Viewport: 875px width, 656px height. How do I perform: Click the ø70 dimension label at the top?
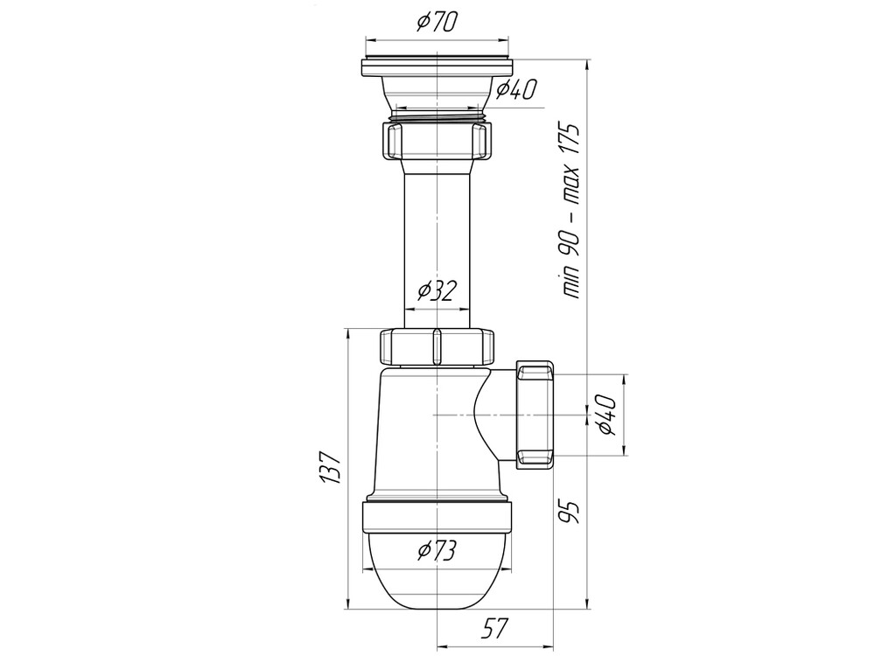pos(435,24)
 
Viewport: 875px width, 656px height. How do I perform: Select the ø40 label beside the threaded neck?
pos(515,88)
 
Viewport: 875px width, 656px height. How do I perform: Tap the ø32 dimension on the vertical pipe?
pos(435,290)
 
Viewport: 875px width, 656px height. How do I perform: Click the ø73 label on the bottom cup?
pos(435,550)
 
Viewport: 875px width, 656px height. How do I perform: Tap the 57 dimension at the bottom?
pos(494,627)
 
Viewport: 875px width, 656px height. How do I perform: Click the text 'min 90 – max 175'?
pos(572,211)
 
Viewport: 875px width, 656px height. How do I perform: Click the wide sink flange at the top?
pos(435,66)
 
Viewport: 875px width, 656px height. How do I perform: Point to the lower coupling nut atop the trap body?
pos(435,346)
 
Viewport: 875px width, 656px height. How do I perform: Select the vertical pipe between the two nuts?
pos(435,236)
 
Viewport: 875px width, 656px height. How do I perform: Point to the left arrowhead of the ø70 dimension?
pos(368,38)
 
